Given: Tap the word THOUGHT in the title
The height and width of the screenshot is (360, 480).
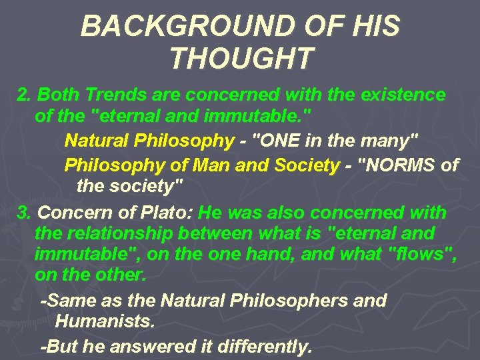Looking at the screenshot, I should tap(241, 59).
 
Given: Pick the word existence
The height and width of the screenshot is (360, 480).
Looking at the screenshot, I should tap(403, 95).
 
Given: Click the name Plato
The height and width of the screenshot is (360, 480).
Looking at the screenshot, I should tap(169, 213).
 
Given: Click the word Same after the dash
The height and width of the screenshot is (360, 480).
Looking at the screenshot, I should tap(69, 301).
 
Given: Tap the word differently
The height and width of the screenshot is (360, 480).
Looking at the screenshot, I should tap(261, 347).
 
